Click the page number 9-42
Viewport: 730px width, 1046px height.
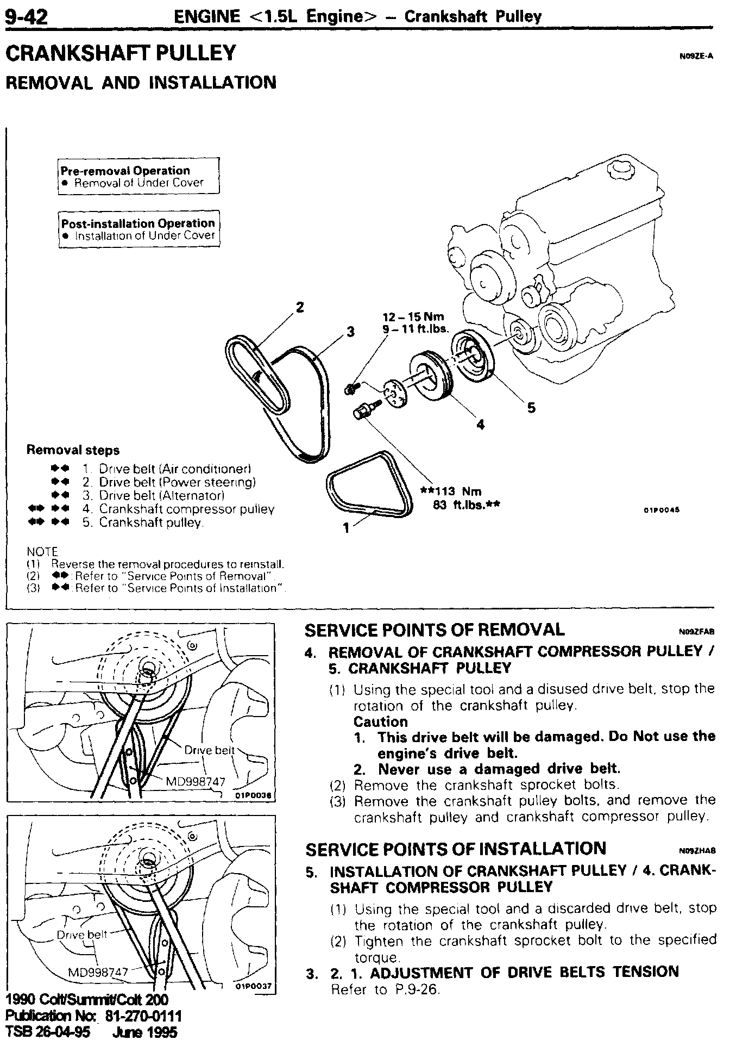tap(27, 16)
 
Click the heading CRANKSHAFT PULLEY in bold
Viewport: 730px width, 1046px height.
tap(121, 53)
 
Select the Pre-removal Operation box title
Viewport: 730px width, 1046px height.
tap(125, 171)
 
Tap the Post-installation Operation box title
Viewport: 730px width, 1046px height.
tap(138, 223)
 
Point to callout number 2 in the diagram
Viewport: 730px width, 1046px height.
tap(300, 307)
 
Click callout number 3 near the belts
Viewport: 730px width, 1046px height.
tap(351, 332)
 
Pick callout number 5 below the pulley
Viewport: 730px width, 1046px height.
tap(531, 407)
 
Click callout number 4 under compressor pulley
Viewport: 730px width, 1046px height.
tap(480, 425)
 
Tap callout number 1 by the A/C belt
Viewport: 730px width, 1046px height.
tap(346, 527)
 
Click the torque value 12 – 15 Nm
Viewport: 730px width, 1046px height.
tap(413, 317)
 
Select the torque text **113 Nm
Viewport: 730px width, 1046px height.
tap(452, 491)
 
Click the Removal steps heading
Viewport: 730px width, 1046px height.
tap(73, 450)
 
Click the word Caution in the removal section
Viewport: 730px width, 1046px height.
tap(380, 721)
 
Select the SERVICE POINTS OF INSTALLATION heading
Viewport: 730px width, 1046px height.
tap(456, 849)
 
